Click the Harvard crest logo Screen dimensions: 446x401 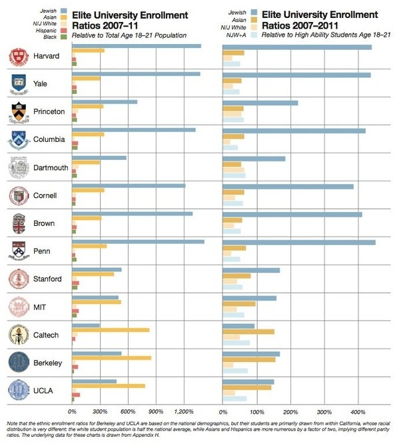[x=19, y=57]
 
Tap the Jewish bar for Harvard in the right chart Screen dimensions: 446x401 [x=297, y=47]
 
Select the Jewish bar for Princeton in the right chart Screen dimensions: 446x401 [x=260, y=103]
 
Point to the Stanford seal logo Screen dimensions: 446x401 [x=18, y=279]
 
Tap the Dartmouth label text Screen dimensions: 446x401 [x=49, y=168]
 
